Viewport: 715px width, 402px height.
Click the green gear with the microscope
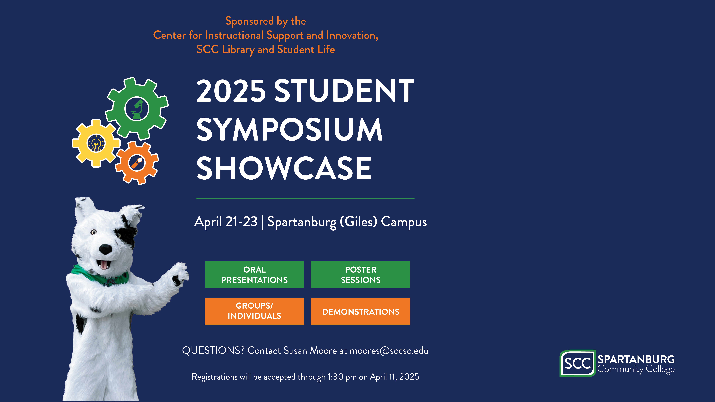pyautogui.click(x=137, y=109)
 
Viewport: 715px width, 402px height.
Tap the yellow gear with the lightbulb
pyautogui.click(x=96, y=143)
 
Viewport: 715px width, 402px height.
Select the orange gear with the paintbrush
pyautogui.click(x=137, y=163)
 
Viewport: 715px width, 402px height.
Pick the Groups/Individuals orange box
pyautogui.click(x=254, y=311)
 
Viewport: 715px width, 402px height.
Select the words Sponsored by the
pyautogui.click(x=266, y=21)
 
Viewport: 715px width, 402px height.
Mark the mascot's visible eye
pyautogui.click(x=94, y=232)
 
